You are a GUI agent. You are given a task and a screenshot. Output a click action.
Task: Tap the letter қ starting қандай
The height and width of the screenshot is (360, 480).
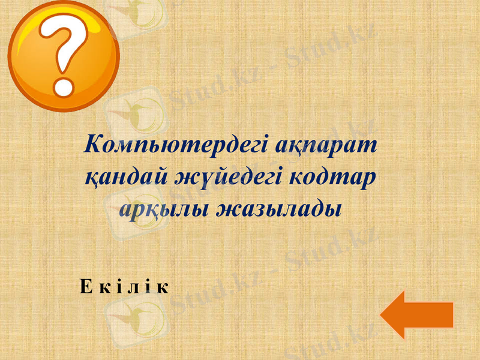(x=90, y=178)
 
